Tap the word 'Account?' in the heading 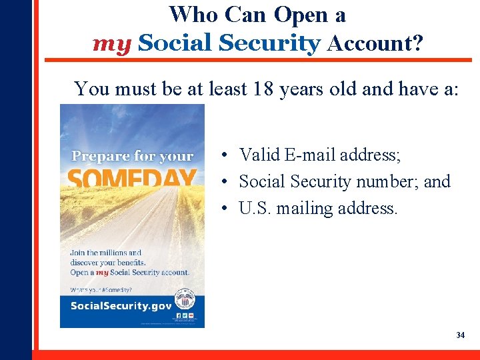(375, 43)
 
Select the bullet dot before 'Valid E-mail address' (227, 155)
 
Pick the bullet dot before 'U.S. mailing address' (227, 209)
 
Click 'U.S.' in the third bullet (255, 209)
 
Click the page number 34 (460, 335)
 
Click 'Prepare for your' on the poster (132, 156)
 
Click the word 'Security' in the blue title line (270, 43)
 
